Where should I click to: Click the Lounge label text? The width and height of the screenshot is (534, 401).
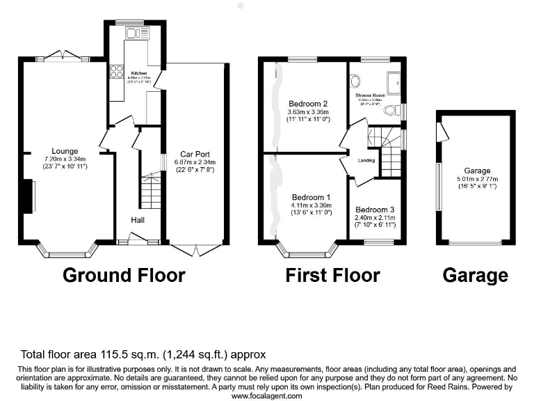65,151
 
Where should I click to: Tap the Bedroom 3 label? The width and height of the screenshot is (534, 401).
375,210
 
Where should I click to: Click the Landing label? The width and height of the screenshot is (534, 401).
366,161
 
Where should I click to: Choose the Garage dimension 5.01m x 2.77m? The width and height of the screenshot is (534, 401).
478,179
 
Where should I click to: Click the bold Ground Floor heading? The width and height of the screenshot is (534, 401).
124,275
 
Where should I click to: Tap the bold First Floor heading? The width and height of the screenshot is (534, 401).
332,275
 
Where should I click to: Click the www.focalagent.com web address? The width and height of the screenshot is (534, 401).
266,395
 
